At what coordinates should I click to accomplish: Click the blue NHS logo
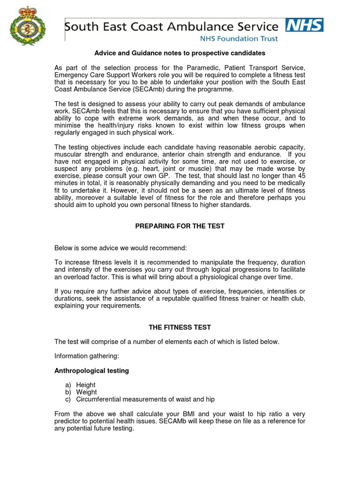click(304, 25)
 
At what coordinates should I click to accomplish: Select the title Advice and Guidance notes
click(180, 53)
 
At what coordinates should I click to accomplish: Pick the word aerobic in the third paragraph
click(258, 147)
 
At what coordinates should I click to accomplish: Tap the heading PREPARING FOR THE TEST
click(180, 226)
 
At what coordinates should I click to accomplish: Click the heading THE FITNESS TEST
click(180, 327)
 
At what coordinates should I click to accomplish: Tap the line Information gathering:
click(87, 356)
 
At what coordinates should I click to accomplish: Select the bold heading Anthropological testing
click(91, 371)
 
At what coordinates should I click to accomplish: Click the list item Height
click(86, 385)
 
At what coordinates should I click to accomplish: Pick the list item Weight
click(87, 392)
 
